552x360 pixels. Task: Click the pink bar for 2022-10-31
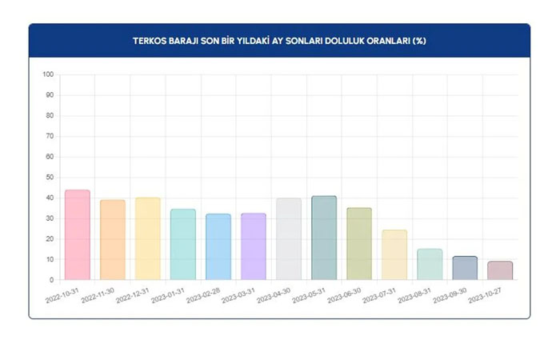(77, 235)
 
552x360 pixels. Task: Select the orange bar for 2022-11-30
(112, 240)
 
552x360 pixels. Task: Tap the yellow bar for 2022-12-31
(147, 239)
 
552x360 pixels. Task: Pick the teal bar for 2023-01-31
(182, 245)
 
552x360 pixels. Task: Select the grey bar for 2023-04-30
(288, 239)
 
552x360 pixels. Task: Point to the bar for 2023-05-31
(323, 238)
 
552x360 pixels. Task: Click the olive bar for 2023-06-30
(358, 244)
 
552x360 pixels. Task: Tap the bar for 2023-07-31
(394, 255)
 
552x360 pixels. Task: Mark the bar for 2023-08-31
(429, 265)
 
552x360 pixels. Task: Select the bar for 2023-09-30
(464, 268)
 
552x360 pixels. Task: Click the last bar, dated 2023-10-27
(499, 270)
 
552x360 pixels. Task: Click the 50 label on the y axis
(49, 177)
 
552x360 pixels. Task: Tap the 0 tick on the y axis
(51, 280)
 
